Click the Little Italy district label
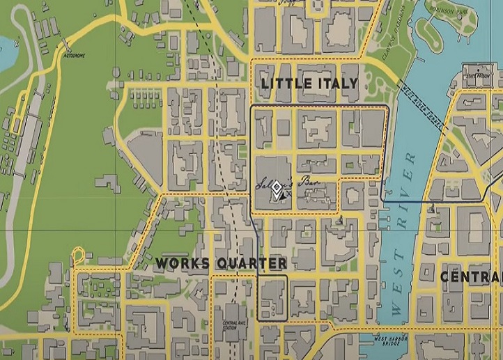click(x=309, y=84)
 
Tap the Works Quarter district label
click(x=221, y=263)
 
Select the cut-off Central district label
click(x=471, y=276)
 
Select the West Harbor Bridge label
click(x=390, y=341)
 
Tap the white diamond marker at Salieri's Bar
click(x=277, y=189)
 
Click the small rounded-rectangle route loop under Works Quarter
click(x=272, y=297)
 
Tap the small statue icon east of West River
click(x=433, y=207)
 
